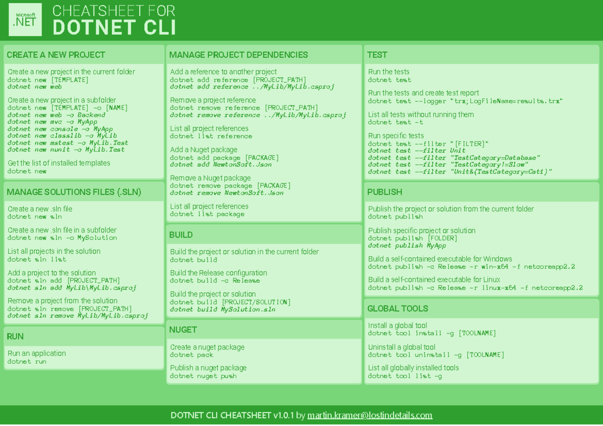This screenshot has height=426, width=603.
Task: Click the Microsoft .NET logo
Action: pyautogui.click(x=25, y=20)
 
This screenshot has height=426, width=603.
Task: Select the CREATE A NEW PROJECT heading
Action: pyautogui.click(x=56, y=55)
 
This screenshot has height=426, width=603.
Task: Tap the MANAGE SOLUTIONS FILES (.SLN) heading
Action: pyautogui.click(x=74, y=192)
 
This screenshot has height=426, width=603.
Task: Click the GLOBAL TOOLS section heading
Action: pyautogui.click(x=397, y=308)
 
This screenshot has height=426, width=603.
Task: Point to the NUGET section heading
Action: pyautogui.click(x=183, y=330)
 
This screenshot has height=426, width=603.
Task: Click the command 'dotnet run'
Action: pyautogui.click(x=27, y=361)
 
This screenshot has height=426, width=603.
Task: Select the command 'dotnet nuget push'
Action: pyautogui.click(x=203, y=376)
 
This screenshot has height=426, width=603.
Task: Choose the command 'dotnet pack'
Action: pyautogui.click(x=191, y=355)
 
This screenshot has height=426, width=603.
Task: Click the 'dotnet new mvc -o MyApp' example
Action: pyautogui.click(x=52, y=122)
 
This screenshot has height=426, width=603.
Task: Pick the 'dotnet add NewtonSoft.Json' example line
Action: pyautogui.click(x=221, y=164)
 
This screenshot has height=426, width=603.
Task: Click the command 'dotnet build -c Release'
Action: pyautogui.click(x=215, y=280)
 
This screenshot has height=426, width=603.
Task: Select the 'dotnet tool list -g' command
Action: pyautogui.click(x=405, y=376)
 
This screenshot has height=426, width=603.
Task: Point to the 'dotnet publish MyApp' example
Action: pyautogui.click(x=407, y=246)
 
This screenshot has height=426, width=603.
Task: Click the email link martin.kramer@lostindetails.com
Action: pyautogui.click(x=370, y=415)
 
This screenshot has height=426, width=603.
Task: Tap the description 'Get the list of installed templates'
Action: pyautogui.click(x=59, y=163)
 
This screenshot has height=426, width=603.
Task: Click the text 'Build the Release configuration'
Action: pyautogui.click(x=218, y=273)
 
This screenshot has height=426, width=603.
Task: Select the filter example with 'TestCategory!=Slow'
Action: pyautogui.click(x=448, y=164)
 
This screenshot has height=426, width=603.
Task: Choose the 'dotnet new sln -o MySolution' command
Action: pyautogui.click(x=62, y=238)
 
